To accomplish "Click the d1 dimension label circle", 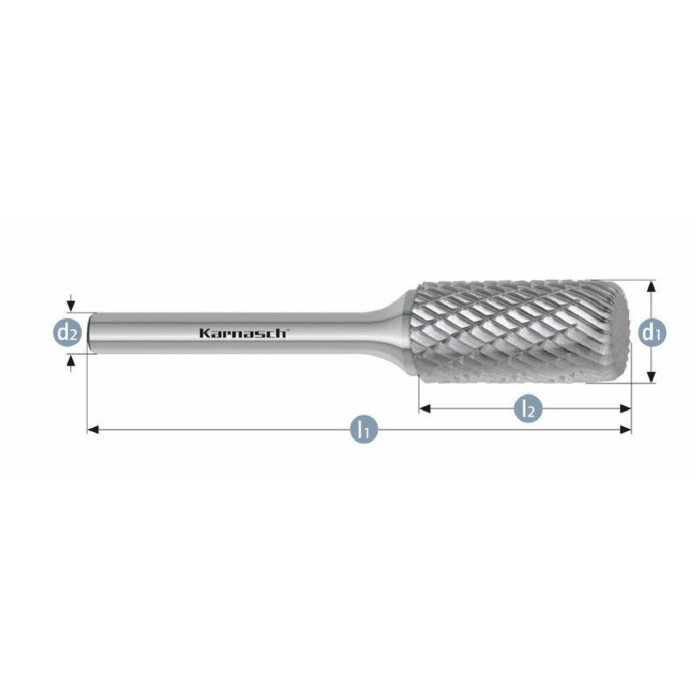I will pos(651,332).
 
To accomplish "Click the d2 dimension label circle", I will pos(67,333).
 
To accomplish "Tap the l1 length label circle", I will pos(365,429).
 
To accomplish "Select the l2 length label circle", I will pos(528,408).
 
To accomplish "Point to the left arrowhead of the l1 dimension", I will pos(93,429).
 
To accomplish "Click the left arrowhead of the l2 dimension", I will pos(424,408).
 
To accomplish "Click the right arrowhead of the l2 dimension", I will pos(626,408).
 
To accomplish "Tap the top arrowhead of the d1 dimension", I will pos(651,286).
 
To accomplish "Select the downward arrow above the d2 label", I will pos(71,306).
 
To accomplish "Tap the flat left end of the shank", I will pos(92,333).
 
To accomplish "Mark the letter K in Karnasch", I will pos(204,333).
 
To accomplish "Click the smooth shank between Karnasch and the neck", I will pos(331,333).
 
